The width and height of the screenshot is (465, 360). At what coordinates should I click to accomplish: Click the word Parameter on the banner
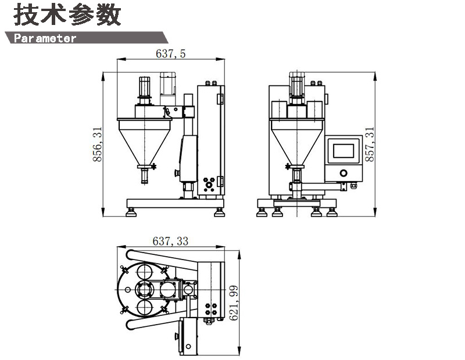click(x=45, y=38)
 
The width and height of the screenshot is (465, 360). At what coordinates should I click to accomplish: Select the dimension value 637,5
click(x=171, y=53)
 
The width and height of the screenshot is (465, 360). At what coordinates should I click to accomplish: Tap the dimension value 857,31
click(x=369, y=143)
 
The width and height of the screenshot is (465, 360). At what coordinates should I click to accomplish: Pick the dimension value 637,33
click(x=170, y=240)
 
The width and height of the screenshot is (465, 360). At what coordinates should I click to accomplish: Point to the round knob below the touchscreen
click(x=344, y=173)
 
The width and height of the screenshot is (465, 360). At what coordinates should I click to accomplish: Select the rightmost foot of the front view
click(x=332, y=212)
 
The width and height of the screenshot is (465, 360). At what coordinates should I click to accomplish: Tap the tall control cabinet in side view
click(x=210, y=139)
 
